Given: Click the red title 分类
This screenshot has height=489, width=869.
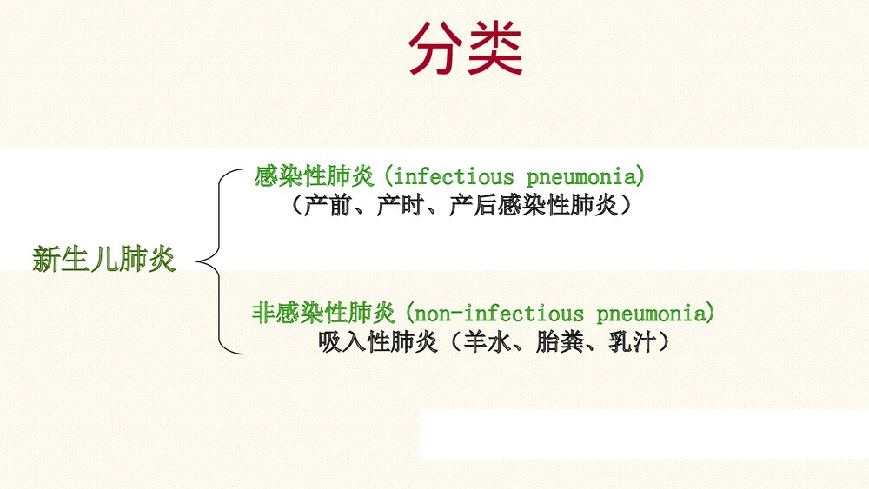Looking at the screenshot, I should pos(466,49).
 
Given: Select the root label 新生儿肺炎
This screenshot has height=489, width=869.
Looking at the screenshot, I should pos(104,259).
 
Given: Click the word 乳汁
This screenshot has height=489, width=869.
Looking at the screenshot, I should pos(628,342).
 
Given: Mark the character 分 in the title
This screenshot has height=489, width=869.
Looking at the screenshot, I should pos(437,49).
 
